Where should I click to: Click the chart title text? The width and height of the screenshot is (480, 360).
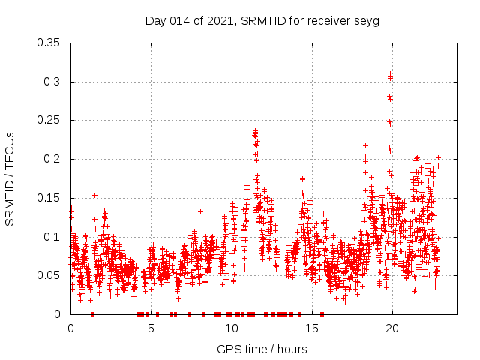coord(262,20)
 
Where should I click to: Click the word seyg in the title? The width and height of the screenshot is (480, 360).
coord(367,20)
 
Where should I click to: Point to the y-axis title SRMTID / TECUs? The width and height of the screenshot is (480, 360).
coord(10,178)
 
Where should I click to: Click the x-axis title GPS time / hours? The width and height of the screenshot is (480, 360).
coord(262,349)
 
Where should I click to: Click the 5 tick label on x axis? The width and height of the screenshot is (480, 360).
coord(151,328)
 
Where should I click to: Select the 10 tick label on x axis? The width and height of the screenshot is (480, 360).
coord(231,328)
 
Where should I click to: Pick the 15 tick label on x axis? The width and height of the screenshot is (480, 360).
coord(311,328)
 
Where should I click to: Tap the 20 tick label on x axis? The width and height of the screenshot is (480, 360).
coord(391,328)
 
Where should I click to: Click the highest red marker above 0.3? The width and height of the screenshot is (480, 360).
coord(390,73)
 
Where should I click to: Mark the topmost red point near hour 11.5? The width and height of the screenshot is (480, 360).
coord(255,131)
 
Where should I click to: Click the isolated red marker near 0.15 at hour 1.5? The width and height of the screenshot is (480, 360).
coord(94,195)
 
